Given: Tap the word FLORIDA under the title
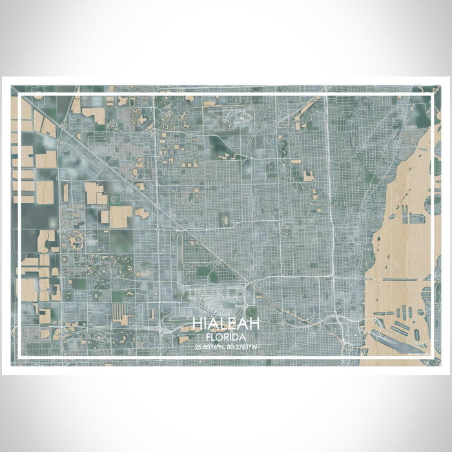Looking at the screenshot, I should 226,336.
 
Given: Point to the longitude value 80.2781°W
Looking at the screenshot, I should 242,347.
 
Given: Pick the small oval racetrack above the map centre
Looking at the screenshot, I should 226,221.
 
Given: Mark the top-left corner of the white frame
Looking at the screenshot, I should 21,96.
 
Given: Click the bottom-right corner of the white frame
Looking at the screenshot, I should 431,356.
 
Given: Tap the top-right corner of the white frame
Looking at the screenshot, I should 431,96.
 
